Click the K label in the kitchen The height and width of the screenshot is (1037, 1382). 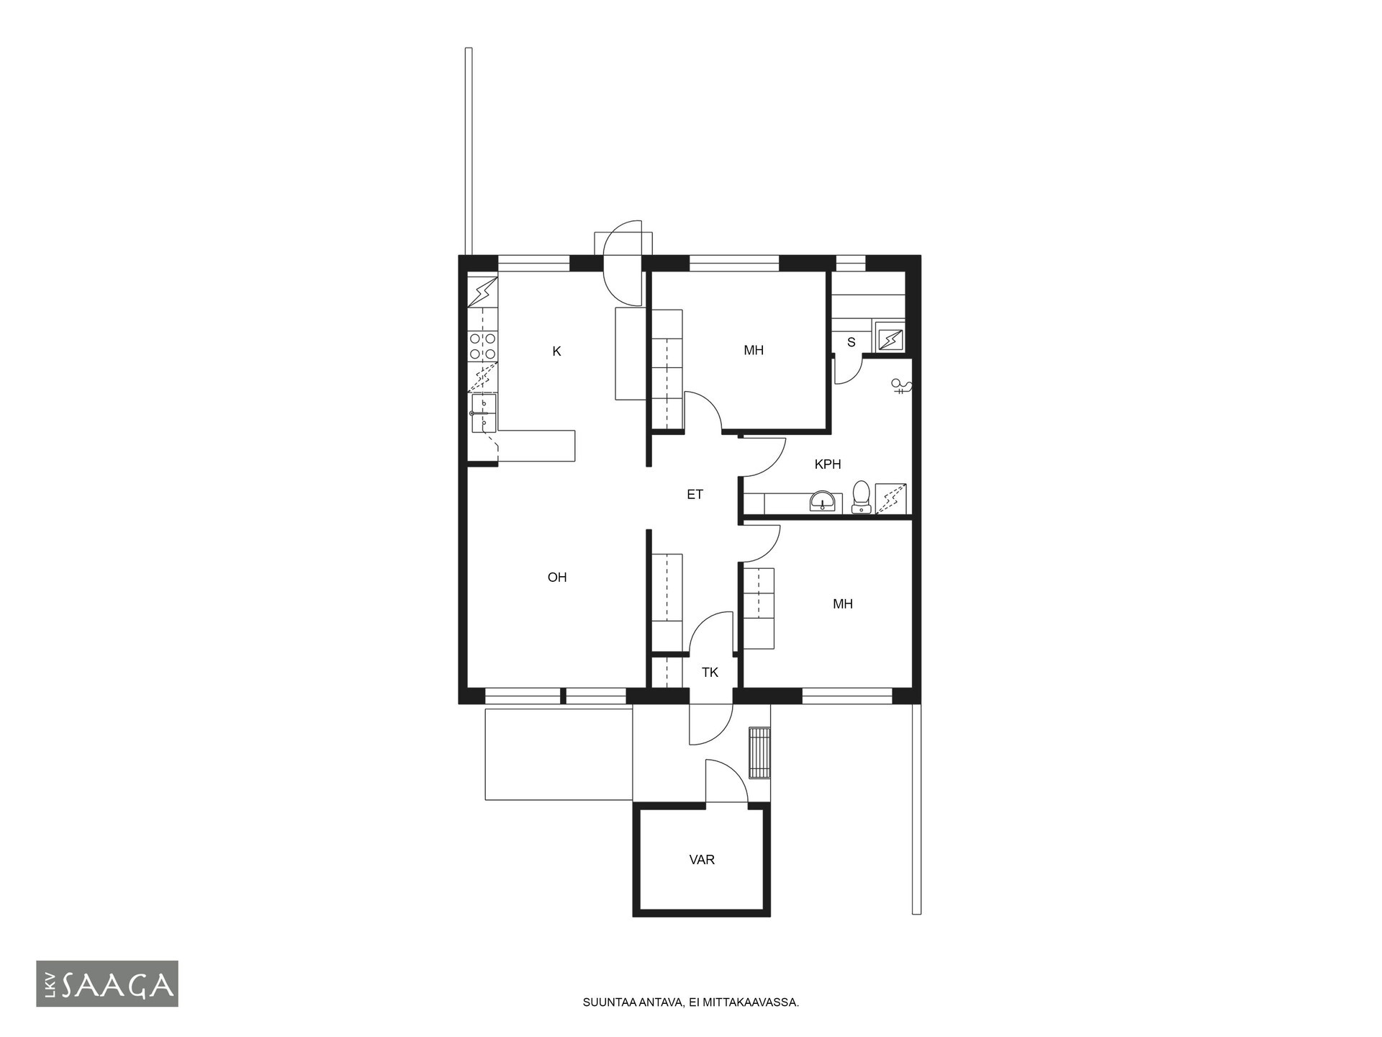coord(556,351)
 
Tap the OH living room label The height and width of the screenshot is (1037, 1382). coord(557,578)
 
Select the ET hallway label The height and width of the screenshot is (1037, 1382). coord(695,495)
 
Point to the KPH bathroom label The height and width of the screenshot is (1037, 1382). coord(828,464)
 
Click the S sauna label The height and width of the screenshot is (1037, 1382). coord(852,342)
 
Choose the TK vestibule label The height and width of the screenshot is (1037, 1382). coord(710,673)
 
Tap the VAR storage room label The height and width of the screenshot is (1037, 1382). coord(702,860)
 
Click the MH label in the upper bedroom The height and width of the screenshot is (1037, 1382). coord(754,351)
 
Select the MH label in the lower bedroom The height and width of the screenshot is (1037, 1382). coord(843,604)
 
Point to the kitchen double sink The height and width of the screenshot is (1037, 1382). coord(484,413)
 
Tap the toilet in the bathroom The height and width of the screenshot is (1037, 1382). coord(861,498)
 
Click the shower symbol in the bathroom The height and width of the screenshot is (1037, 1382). coord(901,387)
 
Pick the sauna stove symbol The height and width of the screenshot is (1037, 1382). coord(891,338)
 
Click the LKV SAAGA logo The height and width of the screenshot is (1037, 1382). coord(107,984)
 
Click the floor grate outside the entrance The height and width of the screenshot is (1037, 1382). coord(759,753)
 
